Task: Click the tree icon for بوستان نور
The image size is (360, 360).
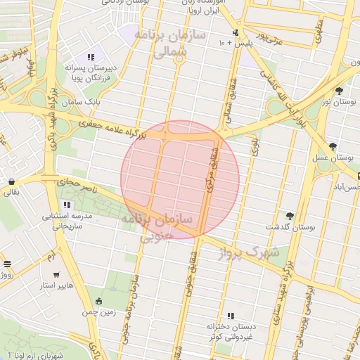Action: coord(340,91)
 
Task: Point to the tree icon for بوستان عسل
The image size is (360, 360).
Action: coord(333,146)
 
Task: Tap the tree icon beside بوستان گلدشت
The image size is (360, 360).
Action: coord(290,216)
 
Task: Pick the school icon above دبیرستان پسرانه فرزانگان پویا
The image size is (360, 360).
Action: coord(91,57)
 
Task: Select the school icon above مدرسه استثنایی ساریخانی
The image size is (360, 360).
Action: coord(67,205)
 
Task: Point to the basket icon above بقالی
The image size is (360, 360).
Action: coord(12,181)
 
